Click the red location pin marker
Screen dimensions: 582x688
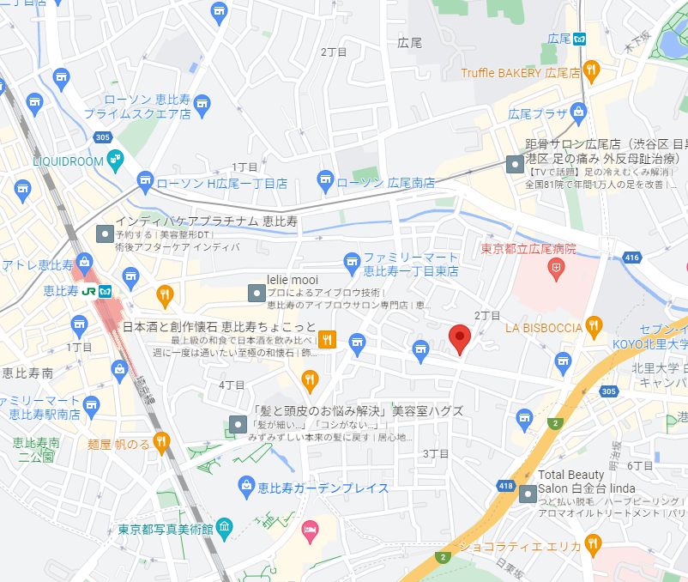click(x=460, y=338)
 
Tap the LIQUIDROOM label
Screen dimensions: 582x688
click(x=68, y=161)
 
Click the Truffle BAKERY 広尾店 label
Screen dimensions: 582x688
click(x=521, y=72)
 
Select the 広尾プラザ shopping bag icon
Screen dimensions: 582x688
click(x=579, y=112)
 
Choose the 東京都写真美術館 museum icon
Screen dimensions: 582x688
click(x=224, y=526)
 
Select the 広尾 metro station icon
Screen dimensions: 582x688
click(x=580, y=38)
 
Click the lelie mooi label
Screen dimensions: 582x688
click(x=293, y=280)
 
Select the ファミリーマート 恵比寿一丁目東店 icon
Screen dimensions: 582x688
click(x=351, y=260)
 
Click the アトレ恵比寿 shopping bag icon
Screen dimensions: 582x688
click(x=84, y=262)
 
